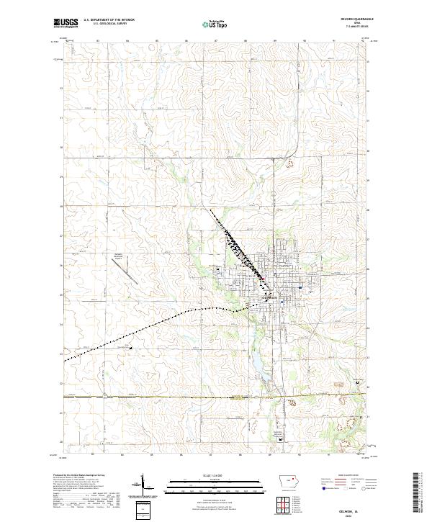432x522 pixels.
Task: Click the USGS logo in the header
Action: pos(66,24)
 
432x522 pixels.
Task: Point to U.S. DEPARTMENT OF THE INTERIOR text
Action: pos(109,20)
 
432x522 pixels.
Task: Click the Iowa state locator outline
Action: pos(286,483)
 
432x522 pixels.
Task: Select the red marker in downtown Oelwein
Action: pos(263,280)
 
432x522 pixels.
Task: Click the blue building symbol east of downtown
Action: pos(299,286)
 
